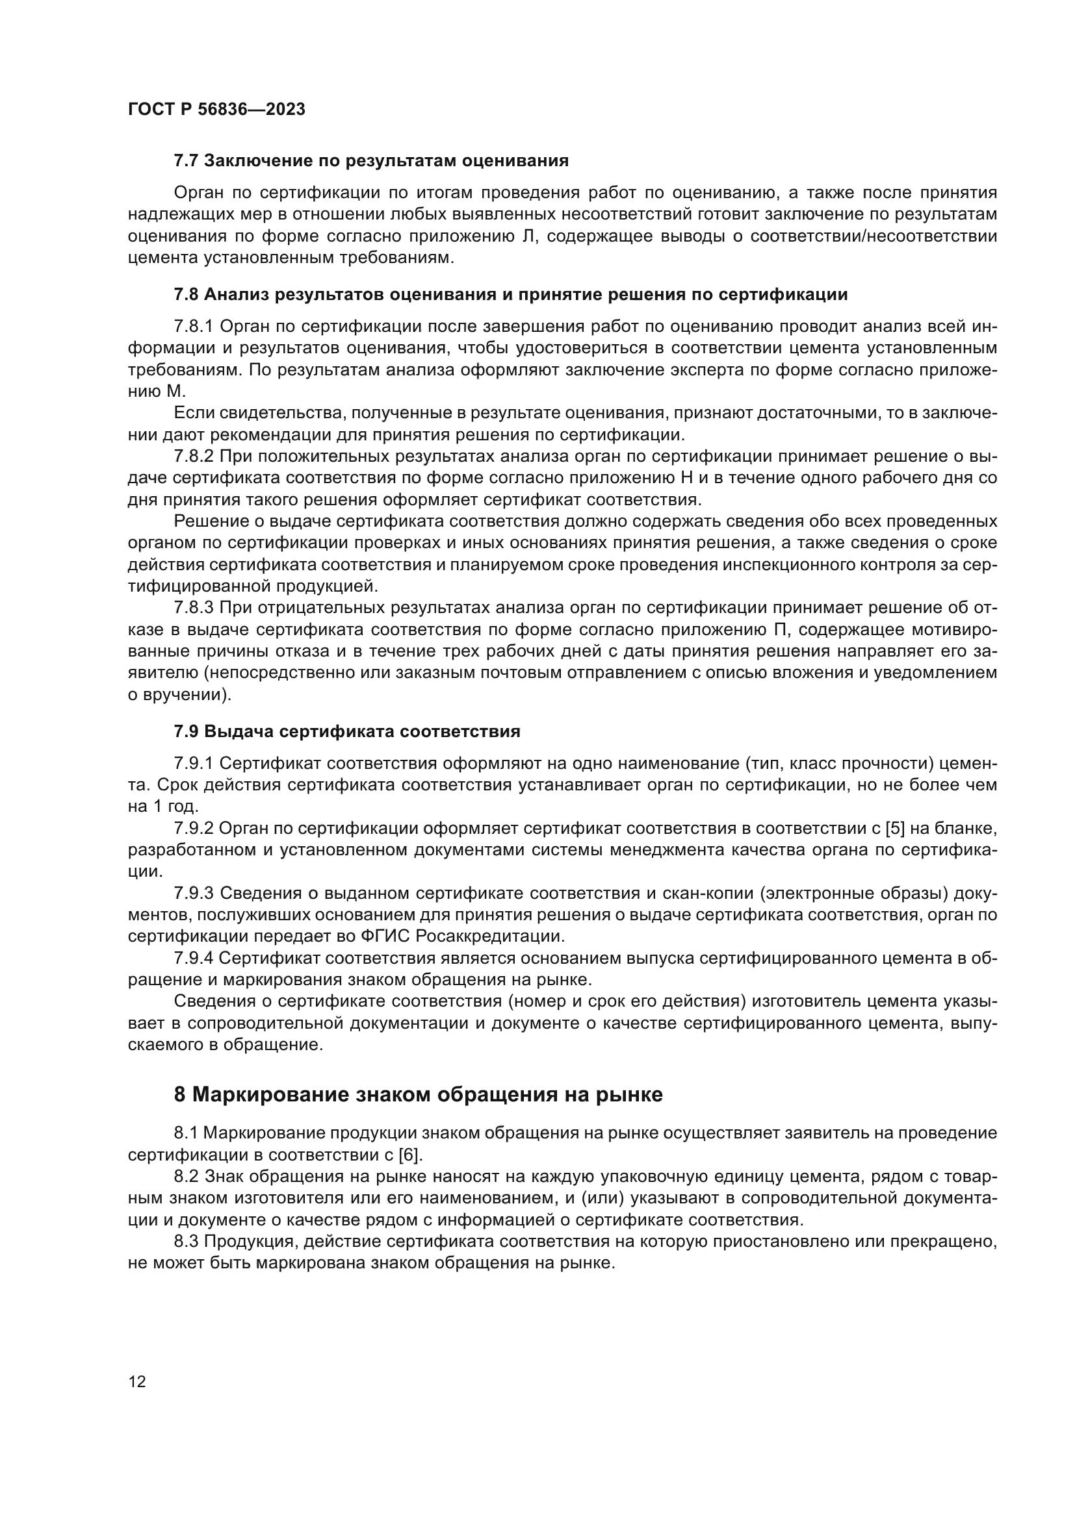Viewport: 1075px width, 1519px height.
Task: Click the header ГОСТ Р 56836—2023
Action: coord(216,110)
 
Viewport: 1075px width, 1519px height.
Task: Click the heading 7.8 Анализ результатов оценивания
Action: coord(510,294)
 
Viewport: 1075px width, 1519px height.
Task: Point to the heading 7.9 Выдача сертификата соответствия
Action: coord(347,732)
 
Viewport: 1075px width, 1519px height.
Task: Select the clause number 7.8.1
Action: coord(193,327)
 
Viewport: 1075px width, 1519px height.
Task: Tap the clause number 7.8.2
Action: coord(193,457)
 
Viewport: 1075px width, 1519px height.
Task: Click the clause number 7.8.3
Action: coord(193,608)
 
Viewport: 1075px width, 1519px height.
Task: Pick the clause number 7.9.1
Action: coord(193,764)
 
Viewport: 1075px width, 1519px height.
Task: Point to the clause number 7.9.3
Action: coord(193,893)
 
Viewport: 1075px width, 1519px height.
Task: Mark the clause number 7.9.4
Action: coord(193,958)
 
